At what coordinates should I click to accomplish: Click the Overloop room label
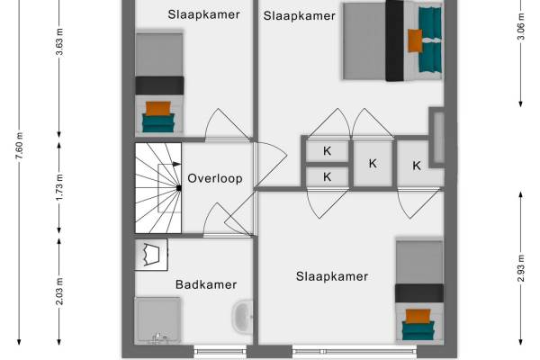coord(214,178)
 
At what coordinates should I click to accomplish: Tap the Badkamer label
coord(206,284)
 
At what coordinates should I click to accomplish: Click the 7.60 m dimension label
coord(20,147)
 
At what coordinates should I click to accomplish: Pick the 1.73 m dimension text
coord(59,190)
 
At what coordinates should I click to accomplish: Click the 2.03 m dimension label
coord(59,292)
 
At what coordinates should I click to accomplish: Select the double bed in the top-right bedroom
coord(391,41)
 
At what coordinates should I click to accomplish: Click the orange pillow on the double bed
coord(415,40)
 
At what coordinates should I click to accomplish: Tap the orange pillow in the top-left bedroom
coord(158,109)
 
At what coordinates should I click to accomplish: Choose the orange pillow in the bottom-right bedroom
coord(418,316)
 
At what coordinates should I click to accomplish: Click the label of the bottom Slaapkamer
coord(332,276)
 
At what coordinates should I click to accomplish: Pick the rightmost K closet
coord(417,165)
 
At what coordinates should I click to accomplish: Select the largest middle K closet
coord(373,163)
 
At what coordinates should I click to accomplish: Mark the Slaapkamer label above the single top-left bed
coord(197,13)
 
